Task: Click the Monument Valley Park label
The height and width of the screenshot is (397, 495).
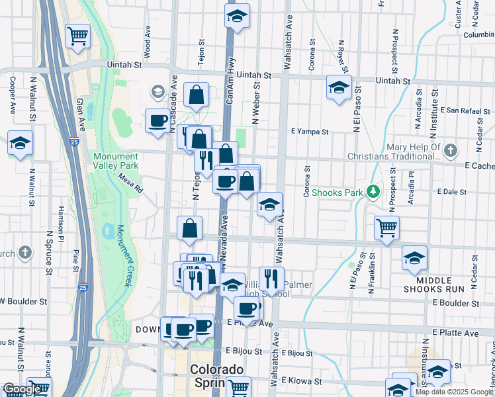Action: (116, 161)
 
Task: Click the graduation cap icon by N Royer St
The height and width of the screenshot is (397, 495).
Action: (339, 87)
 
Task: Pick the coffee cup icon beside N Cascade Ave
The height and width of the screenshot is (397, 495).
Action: (157, 121)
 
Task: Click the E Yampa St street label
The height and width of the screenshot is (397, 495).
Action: (310, 132)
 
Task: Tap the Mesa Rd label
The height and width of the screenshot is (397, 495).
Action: (131, 183)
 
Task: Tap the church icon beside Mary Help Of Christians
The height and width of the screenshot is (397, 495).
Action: (451, 150)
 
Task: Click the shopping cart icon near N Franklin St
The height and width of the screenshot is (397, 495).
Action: (387, 228)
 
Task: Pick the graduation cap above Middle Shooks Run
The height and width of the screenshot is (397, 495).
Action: (415, 257)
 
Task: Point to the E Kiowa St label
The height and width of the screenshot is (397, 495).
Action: (302, 381)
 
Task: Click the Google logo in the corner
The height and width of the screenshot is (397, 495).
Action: (21, 390)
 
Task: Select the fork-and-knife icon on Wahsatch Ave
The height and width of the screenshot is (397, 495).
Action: (271, 279)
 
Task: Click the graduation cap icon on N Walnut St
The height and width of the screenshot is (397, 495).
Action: (20, 143)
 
